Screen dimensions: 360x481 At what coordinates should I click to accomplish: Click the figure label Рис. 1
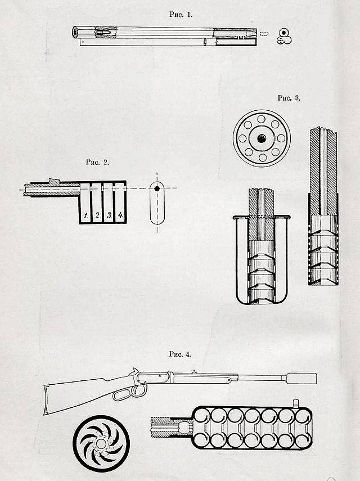click(x=181, y=14)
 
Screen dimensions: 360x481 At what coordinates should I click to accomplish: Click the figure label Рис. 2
click(x=97, y=162)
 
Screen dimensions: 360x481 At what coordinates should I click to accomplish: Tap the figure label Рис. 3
click(x=289, y=98)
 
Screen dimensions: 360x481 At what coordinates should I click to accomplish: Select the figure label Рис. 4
click(x=180, y=354)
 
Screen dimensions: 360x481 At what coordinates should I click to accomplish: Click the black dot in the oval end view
click(x=157, y=188)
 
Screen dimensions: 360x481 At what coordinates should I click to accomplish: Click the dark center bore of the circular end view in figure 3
click(x=261, y=138)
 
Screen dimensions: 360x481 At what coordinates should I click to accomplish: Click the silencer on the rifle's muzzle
click(x=301, y=378)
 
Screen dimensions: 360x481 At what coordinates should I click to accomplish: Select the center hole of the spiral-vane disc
click(x=101, y=443)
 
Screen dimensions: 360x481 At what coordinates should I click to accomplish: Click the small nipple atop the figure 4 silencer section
click(x=296, y=403)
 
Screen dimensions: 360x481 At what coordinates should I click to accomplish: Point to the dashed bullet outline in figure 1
click(x=264, y=33)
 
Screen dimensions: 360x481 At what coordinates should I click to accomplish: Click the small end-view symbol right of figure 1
click(x=284, y=36)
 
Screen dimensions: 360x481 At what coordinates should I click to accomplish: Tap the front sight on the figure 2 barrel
click(x=54, y=182)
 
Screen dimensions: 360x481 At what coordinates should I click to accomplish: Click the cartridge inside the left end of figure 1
click(x=100, y=32)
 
